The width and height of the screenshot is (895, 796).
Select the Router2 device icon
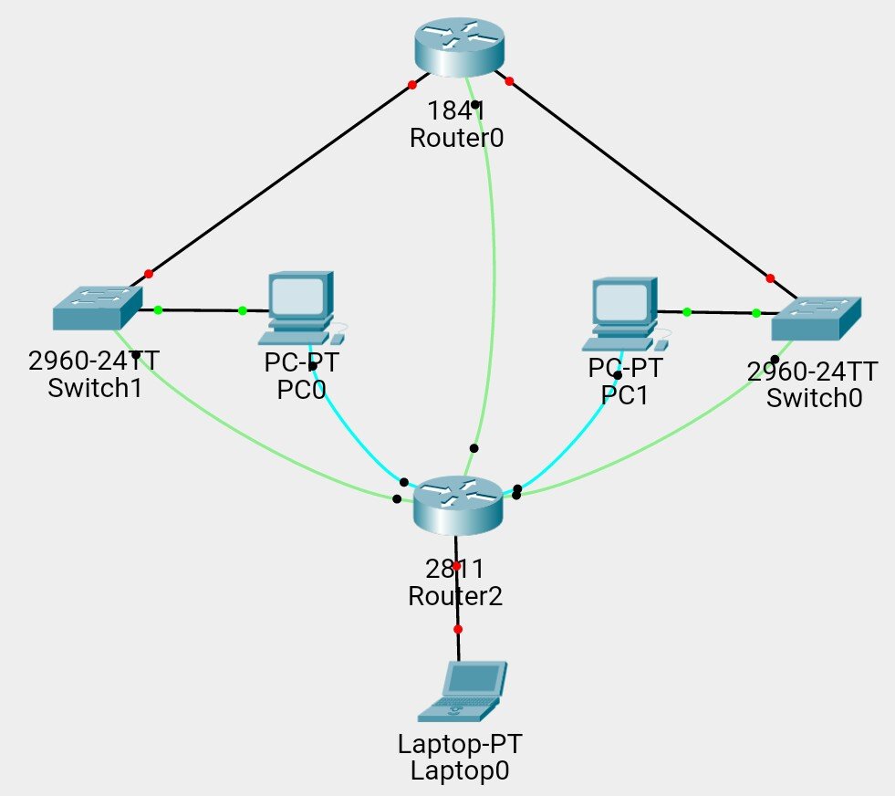pyautogui.click(x=458, y=505)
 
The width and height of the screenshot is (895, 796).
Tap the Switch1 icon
pyautogui.click(x=98, y=308)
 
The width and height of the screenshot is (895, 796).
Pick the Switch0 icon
pyautogui.click(x=817, y=318)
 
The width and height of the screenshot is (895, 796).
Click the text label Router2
pyautogui.click(x=454, y=596)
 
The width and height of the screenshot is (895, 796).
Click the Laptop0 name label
pyautogui.click(x=459, y=770)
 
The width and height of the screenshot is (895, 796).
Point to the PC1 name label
pyautogui.click(x=625, y=395)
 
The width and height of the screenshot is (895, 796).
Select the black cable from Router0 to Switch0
pyautogui.click(x=639, y=179)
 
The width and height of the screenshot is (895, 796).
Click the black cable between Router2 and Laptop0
pyautogui.click(x=458, y=598)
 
